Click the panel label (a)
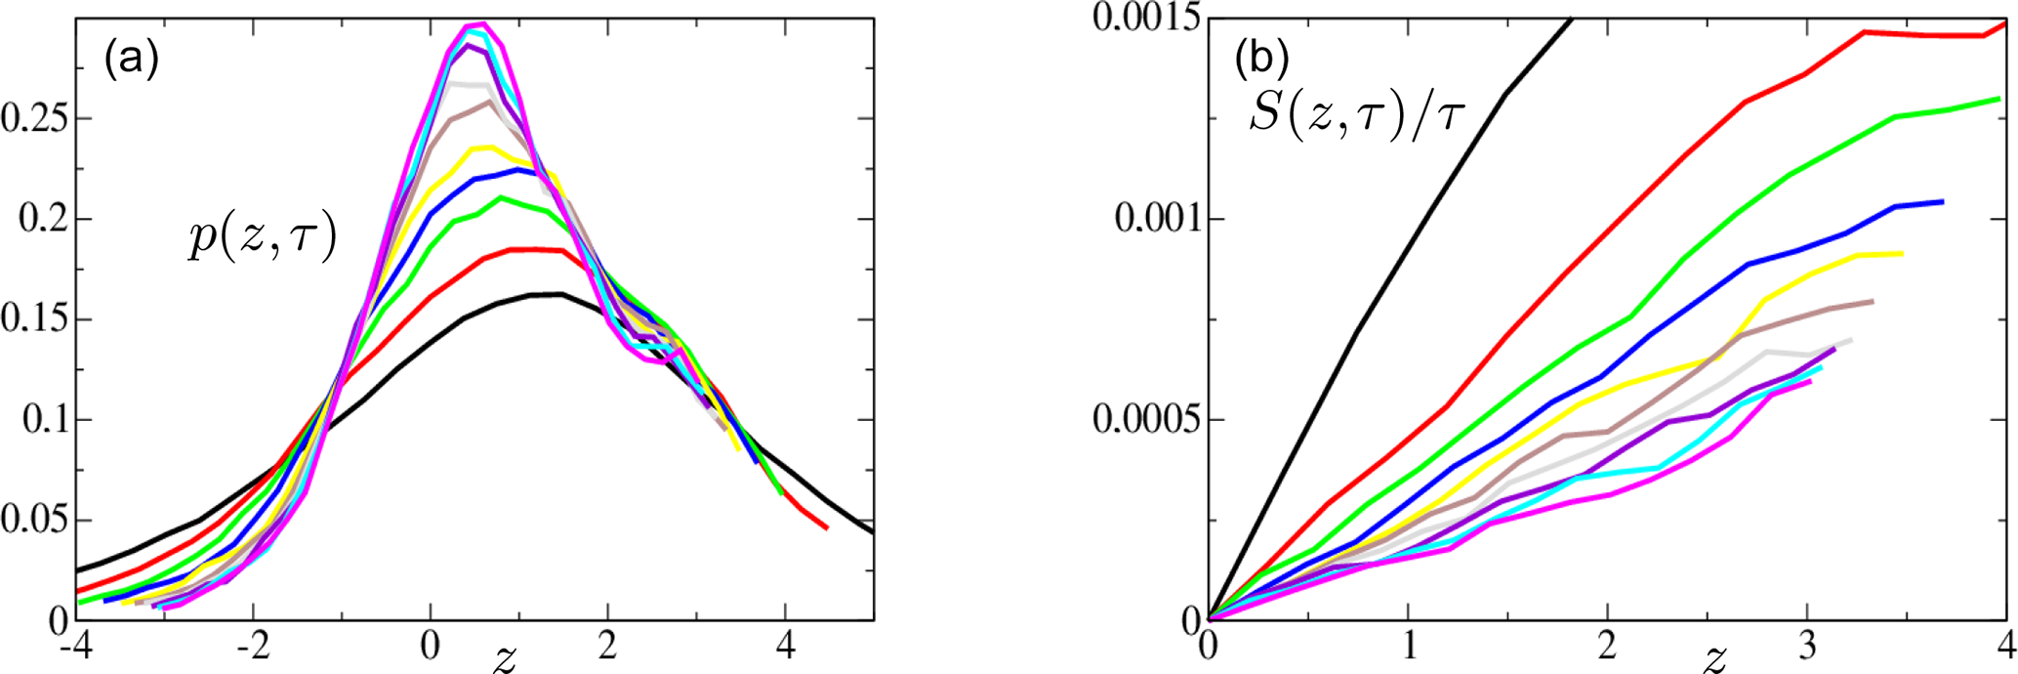tap(131, 61)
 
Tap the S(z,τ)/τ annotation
tap(1357, 120)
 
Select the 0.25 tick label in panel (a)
tap(33, 118)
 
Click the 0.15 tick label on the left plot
tap(33, 319)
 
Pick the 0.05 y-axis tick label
tap(33, 520)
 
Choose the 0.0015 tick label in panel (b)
tap(1146, 18)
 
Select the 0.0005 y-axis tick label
tap(1146, 420)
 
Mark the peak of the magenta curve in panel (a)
tap(481, 23)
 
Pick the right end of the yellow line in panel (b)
tap(1902, 254)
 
